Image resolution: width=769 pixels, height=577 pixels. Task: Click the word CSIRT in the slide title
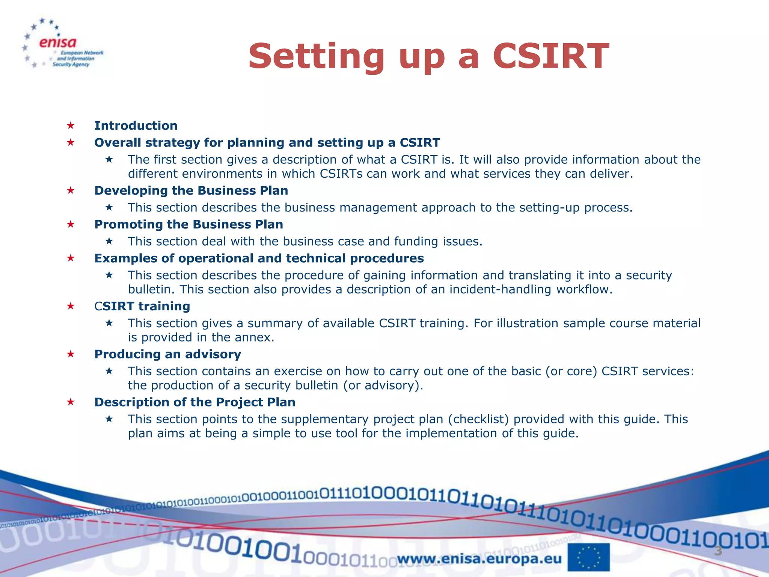[550, 56]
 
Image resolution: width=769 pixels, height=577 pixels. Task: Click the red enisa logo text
[58, 43]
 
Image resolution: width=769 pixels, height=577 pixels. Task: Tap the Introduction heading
[136, 125]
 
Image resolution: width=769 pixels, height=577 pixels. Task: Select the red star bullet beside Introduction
[71, 125]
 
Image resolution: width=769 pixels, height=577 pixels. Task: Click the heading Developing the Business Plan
[191, 190]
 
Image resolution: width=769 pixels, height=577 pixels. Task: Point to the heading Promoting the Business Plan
[188, 224]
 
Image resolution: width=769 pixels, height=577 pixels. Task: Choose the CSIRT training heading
[142, 306]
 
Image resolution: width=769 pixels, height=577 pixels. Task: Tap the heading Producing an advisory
[167, 354]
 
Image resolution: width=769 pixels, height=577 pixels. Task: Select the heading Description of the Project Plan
[195, 402]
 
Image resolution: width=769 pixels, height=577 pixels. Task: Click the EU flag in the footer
[588, 557]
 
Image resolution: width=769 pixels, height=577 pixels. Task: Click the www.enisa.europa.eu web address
[479, 559]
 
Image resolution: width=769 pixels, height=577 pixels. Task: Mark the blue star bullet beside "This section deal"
[109, 241]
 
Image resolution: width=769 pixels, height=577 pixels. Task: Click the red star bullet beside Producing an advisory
[71, 354]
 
